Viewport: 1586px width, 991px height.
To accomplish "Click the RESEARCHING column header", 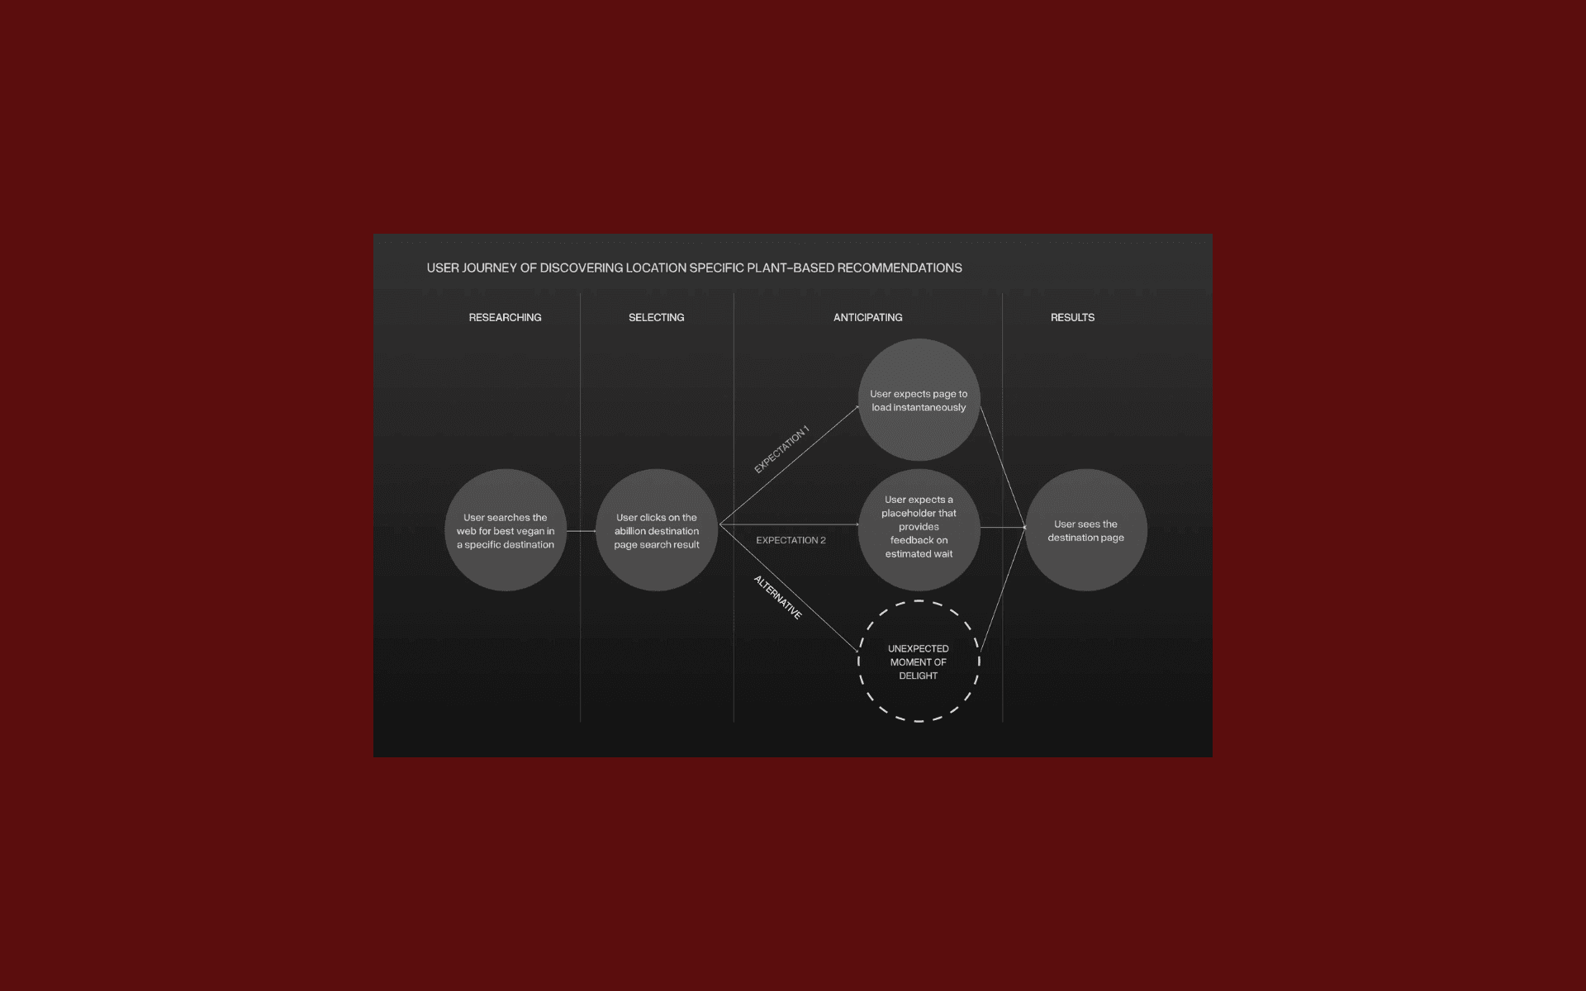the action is coord(505,317).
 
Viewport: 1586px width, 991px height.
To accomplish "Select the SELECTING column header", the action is coord(656,317).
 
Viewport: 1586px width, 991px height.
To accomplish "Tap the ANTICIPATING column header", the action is coord(867,317).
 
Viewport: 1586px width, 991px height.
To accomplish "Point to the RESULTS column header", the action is coord(1072,317).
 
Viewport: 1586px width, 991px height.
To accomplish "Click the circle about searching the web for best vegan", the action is coord(506,530).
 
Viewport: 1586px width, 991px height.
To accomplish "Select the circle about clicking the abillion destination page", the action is coord(657,530).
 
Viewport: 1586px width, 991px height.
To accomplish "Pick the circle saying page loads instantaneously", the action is coord(919,400).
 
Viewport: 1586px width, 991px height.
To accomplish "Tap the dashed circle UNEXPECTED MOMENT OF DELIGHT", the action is coord(919,661).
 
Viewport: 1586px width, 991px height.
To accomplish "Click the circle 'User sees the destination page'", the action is coord(1085,530).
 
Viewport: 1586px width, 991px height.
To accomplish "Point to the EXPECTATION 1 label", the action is coord(781,449).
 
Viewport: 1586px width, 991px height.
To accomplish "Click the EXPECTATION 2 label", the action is coord(791,540).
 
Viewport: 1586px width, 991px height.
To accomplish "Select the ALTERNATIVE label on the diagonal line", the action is coord(777,597).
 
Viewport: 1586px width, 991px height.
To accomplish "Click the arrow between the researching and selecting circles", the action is coord(581,531).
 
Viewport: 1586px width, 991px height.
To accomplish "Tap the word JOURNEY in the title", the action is coord(489,268).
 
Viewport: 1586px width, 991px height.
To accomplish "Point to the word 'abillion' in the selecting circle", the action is coord(632,531).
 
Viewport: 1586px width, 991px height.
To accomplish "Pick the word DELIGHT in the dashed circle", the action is coord(918,676).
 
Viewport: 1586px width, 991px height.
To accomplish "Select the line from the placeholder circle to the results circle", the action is coord(1003,527).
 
